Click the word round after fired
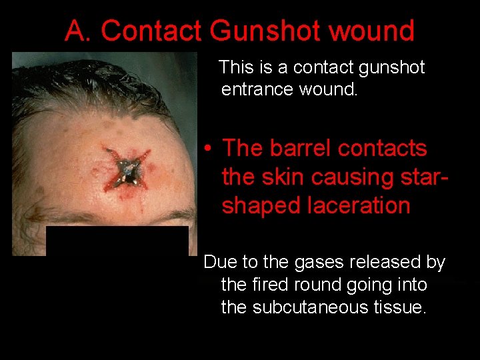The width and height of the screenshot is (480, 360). click(317, 285)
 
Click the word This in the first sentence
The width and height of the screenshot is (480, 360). click(236, 67)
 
